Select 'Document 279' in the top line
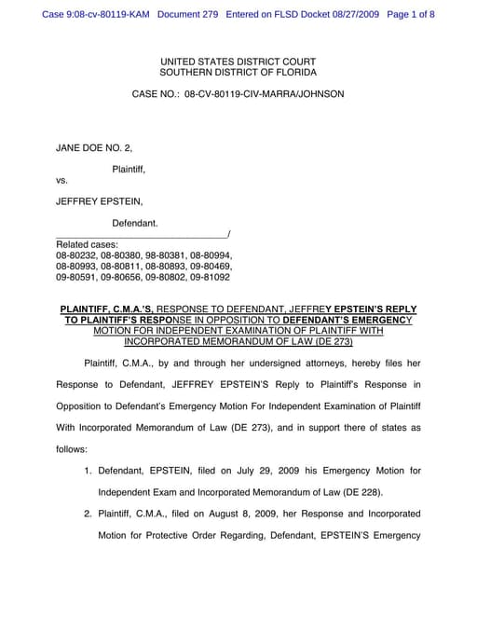(x=191, y=15)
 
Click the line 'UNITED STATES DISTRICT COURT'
(x=238, y=61)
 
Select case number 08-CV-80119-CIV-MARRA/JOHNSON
(x=265, y=94)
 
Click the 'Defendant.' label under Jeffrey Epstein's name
(x=135, y=223)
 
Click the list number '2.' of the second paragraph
(x=89, y=514)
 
